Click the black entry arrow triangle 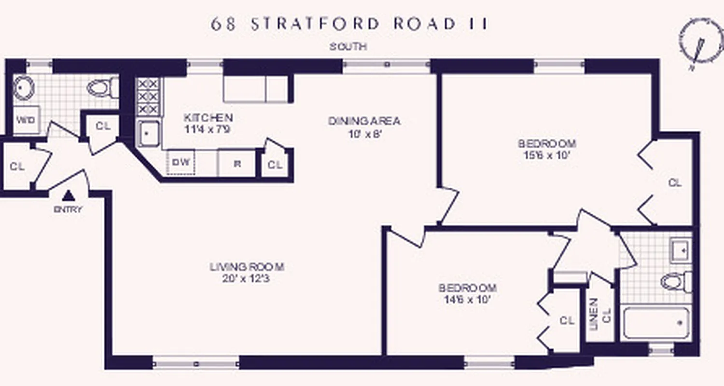pyautogui.click(x=69, y=195)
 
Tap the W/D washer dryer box pyautogui.click(x=26, y=120)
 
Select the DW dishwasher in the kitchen pyautogui.click(x=181, y=162)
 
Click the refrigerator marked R pyautogui.click(x=237, y=163)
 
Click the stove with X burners pyautogui.click(x=149, y=96)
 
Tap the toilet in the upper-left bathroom pyautogui.click(x=102, y=88)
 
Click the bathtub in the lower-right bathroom pyautogui.click(x=657, y=322)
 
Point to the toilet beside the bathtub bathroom pyautogui.click(x=676, y=282)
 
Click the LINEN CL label pyautogui.click(x=599, y=314)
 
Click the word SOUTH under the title pyautogui.click(x=348, y=47)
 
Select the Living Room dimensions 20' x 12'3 pyautogui.click(x=247, y=278)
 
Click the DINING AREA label pyautogui.click(x=364, y=121)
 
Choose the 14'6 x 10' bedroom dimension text pyautogui.click(x=467, y=299)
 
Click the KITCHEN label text pyautogui.click(x=208, y=117)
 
